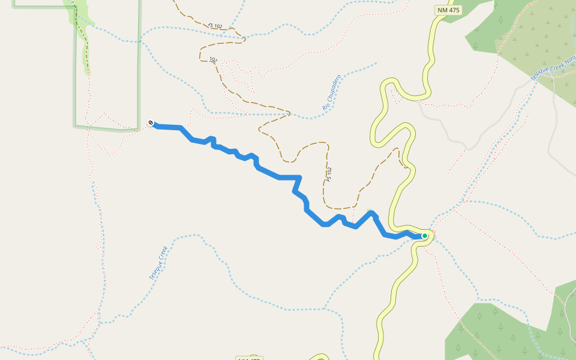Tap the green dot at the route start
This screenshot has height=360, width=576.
pyautogui.click(x=424, y=236)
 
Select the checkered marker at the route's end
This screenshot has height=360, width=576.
pyautogui.click(x=151, y=124)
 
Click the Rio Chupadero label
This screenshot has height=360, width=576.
pyautogui.click(x=331, y=92)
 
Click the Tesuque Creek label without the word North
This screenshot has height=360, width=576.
pyautogui.click(x=158, y=263)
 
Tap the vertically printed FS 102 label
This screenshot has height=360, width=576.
pyautogui.click(x=329, y=175)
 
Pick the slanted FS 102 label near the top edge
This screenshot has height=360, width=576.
pyautogui.click(x=215, y=26)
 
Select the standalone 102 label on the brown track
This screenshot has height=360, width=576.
pyautogui.click(x=213, y=60)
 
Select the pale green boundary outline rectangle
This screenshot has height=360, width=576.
pyautogui.click(x=139, y=66)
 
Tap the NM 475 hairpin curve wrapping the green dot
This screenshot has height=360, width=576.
pyautogui.click(x=430, y=238)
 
